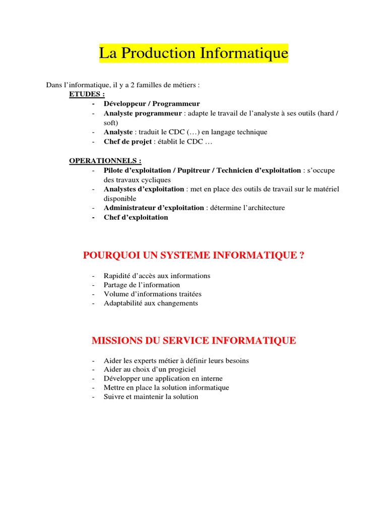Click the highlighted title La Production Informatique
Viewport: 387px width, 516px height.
(x=193, y=53)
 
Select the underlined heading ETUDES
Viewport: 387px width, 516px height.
(x=87, y=95)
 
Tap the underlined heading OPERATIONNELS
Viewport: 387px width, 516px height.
(x=105, y=161)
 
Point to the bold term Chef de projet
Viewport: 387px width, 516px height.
(x=127, y=142)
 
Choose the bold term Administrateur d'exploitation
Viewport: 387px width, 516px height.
(x=154, y=208)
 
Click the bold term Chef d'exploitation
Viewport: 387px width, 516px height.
(x=136, y=217)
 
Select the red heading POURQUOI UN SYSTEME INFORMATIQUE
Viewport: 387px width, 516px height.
(x=193, y=255)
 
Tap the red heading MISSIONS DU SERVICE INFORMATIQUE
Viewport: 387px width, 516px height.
(x=193, y=341)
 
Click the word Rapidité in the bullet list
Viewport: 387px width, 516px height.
(x=117, y=276)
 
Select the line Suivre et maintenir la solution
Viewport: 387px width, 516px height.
(x=151, y=397)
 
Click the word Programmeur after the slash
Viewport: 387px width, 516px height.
(x=174, y=104)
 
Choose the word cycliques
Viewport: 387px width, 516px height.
(x=156, y=179)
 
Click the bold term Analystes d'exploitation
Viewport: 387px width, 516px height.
(x=144, y=189)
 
